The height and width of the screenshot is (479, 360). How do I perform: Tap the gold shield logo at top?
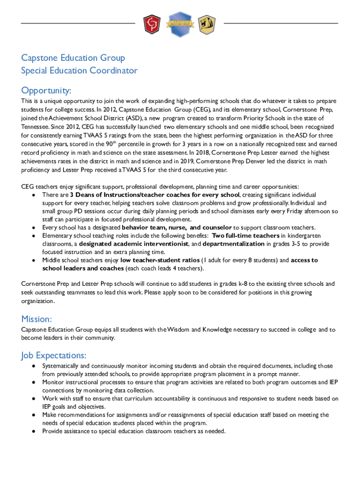pos(207,24)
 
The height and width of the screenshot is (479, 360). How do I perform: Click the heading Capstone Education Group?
pos(73,58)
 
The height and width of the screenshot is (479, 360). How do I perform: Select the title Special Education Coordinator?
pos(79,71)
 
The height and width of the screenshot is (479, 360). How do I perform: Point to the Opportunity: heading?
pos(46,90)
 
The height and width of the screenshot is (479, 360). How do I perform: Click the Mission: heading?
pos(36,319)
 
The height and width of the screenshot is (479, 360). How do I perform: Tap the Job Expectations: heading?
pos(54,356)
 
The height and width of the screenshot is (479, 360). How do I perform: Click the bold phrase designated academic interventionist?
pos(133,244)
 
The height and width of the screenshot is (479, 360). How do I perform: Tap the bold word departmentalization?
pos(233,244)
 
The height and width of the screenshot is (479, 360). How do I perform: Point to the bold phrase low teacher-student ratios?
pos(159,260)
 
